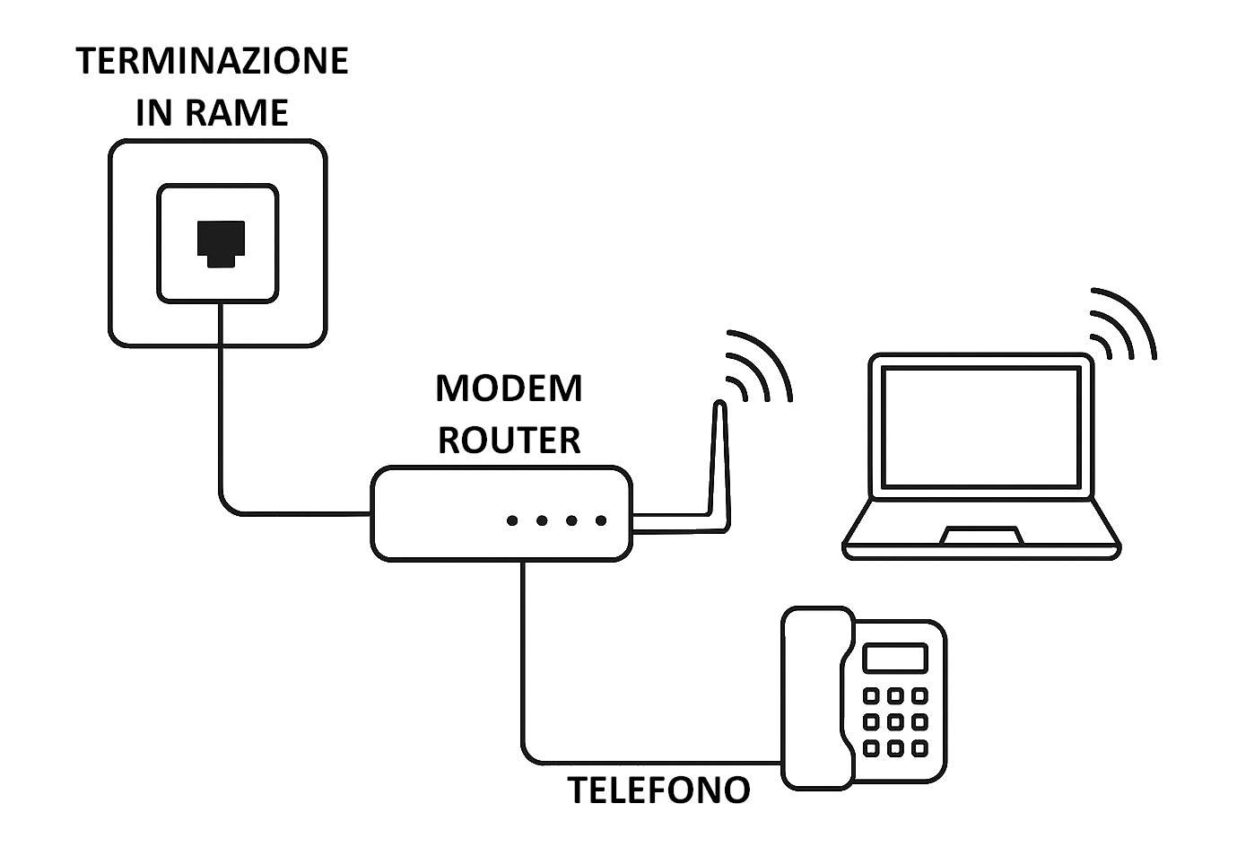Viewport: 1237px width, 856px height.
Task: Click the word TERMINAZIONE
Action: pyautogui.click(x=212, y=61)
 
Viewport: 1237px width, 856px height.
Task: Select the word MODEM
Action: pyautogui.click(x=509, y=389)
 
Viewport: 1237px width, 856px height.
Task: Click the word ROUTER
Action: pyautogui.click(x=509, y=440)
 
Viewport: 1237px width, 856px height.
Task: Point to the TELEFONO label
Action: pyautogui.click(x=658, y=790)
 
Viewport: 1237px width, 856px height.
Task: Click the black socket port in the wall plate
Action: pyautogui.click(x=221, y=243)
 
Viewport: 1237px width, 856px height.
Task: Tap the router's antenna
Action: pyautogui.click(x=719, y=467)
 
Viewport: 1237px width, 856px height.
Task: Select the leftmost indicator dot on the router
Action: pyautogui.click(x=512, y=520)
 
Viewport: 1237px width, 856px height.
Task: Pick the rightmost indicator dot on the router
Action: pyautogui.click(x=601, y=520)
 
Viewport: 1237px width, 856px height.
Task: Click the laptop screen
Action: pyautogui.click(x=980, y=426)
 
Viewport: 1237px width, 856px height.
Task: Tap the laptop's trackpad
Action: pyautogui.click(x=981, y=536)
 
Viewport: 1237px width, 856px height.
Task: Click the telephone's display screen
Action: pyautogui.click(x=894, y=658)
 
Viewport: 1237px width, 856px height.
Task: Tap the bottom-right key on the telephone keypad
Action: pyautogui.click(x=919, y=748)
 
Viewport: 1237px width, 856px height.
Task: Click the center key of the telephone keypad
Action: pyautogui.click(x=894, y=721)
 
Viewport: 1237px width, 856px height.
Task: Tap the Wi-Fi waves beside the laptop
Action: pyautogui.click(x=1121, y=325)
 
